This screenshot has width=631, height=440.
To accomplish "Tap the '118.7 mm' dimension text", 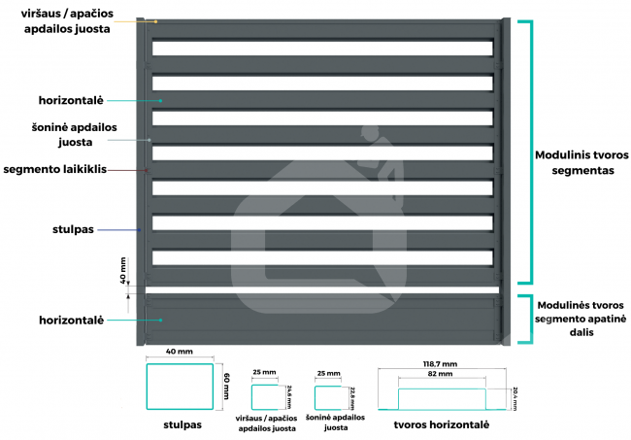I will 442,363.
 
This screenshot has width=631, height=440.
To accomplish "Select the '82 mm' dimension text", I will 442,374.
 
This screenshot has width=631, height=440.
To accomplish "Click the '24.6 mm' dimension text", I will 288,396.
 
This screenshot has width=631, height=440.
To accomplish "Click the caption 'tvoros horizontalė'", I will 442,425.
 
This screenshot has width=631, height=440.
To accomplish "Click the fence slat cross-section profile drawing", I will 442,399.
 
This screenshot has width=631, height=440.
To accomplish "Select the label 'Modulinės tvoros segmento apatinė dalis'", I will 581,318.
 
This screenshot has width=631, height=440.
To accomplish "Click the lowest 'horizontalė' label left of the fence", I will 72,319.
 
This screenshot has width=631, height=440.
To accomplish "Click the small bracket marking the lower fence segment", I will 525,319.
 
